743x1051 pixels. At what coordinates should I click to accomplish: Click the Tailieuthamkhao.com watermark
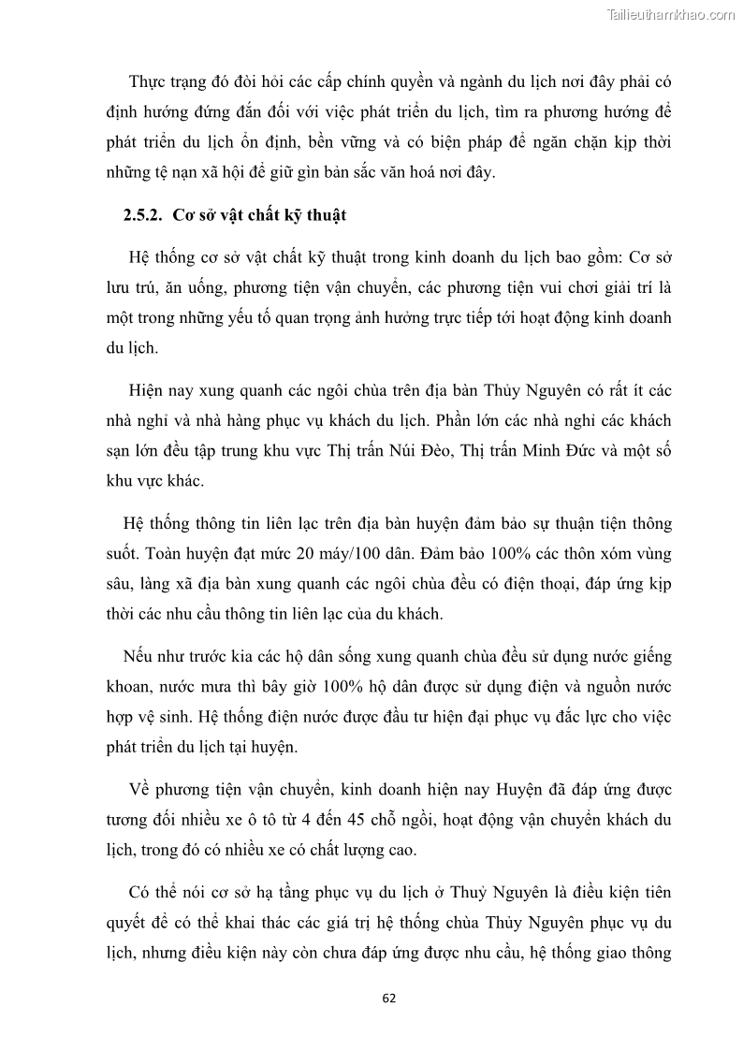pos(671,14)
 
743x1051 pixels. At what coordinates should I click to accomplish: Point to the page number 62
pos(389,998)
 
